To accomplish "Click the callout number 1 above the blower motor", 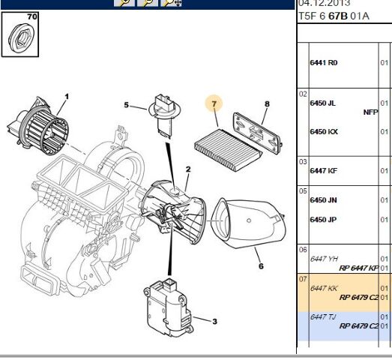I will tap(66, 96).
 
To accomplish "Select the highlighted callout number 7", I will tap(214, 103).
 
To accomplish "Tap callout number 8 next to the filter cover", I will tap(266, 103).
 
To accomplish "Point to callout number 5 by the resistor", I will tap(127, 105).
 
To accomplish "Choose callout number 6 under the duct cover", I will tap(261, 265).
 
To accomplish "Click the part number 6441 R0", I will tap(323, 63).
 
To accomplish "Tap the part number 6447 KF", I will tap(323, 170).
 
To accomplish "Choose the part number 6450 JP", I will tap(323, 219).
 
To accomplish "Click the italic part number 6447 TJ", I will tap(323, 316).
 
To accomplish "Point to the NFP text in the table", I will tap(370, 112).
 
